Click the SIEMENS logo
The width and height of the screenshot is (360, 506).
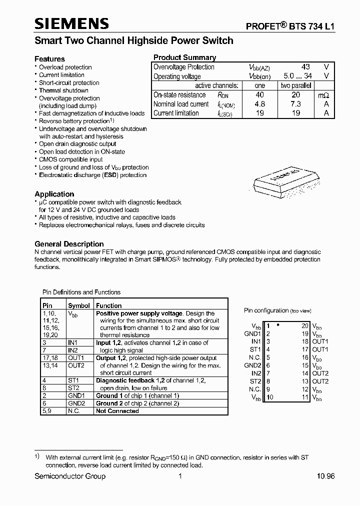71,23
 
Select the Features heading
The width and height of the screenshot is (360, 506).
49,58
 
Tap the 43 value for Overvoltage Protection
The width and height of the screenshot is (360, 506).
305,67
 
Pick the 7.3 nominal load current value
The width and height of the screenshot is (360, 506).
296,104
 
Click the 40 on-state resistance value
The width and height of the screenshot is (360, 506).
259,95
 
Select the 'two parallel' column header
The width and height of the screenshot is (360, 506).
296,85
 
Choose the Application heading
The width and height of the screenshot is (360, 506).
54,194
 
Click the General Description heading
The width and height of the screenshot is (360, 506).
69,244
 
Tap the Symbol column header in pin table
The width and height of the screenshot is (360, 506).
79,305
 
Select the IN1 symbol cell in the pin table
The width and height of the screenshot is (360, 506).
73,343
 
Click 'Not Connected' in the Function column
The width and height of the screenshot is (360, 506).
117,411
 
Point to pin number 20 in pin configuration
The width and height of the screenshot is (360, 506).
304,325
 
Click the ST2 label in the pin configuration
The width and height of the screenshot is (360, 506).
255,381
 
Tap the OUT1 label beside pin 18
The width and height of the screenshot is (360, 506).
320,341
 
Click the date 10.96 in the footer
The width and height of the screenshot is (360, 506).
325,476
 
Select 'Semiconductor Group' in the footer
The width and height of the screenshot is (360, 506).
70,476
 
